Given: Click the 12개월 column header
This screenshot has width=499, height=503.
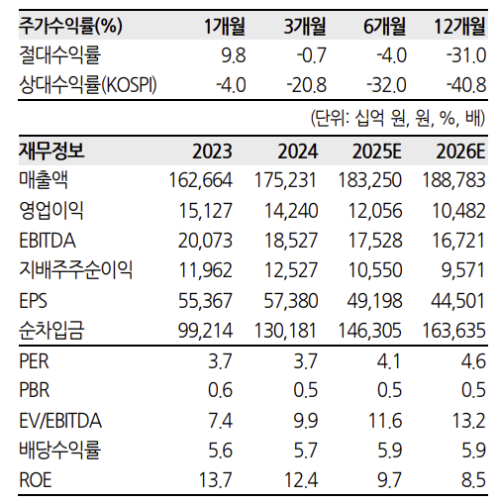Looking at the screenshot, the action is click(x=459, y=26).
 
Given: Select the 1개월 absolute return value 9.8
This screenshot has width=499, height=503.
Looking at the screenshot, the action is click(x=234, y=55).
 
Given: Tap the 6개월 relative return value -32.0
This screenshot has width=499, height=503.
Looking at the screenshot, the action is click(x=386, y=85).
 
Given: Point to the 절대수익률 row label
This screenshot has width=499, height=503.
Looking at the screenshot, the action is click(x=60, y=55).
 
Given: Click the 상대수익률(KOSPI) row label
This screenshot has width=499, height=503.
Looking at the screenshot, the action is click(x=88, y=85).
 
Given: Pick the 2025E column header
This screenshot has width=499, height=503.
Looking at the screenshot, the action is click(x=377, y=151).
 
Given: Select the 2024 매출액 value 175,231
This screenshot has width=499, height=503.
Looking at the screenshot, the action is click(x=285, y=180).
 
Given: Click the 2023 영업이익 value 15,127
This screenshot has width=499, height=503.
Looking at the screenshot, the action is click(x=205, y=211).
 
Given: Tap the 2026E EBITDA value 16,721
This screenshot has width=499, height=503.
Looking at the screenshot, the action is click(x=458, y=241).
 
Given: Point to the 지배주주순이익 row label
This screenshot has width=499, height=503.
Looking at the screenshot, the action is click(x=76, y=270).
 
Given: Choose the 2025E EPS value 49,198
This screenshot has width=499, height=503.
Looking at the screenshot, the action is click(x=374, y=301).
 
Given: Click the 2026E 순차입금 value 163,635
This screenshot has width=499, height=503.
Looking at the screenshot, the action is click(x=453, y=331).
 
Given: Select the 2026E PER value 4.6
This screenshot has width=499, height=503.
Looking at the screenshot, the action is click(x=473, y=361).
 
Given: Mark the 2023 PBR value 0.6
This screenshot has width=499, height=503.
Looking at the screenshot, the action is click(x=220, y=390).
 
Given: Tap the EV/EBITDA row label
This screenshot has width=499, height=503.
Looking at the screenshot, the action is click(x=60, y=421).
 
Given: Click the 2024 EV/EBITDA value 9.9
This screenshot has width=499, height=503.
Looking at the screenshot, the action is click(x=306, y=421).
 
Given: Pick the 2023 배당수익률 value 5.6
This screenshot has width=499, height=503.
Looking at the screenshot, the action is click(x=220, y=451).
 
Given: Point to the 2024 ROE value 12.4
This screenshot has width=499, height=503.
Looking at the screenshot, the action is click(x=301, y=480).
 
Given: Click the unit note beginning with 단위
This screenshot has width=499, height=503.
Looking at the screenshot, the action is click(x=398, y=118).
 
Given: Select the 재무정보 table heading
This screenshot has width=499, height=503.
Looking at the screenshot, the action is click(x=51, y=151).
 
